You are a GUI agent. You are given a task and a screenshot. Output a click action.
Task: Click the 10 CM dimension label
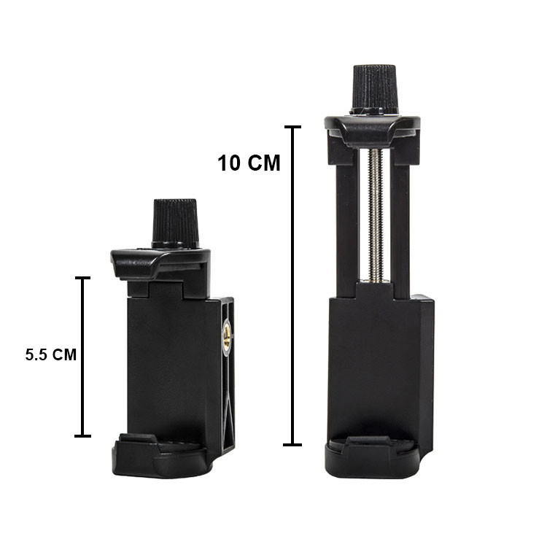pos(249,163)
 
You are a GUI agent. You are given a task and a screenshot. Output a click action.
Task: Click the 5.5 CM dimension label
pos(50,354)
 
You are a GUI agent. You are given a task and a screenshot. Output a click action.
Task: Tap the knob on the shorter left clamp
pos(175,223)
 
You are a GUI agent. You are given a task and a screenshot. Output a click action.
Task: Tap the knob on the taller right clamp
pos(375,90)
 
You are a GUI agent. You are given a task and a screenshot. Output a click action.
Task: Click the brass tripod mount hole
pos(228,338)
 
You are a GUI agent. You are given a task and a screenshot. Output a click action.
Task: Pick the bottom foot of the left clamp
pos(162,456)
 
